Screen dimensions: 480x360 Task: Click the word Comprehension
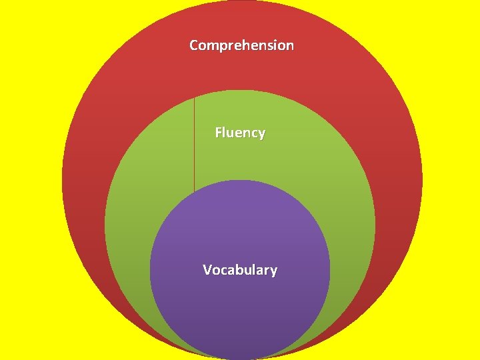(241, 45)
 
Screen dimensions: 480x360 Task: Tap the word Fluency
(240, 133)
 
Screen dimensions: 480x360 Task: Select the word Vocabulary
(240, 270)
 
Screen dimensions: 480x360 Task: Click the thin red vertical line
(194, 143)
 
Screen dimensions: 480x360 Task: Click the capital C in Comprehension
(194, 45)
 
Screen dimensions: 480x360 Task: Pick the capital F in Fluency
(218, 133)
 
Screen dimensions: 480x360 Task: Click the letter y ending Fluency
(261, 134)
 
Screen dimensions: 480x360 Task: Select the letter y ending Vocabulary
(273, 271)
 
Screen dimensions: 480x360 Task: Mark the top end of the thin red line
(194, 97)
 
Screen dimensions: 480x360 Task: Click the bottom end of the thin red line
(194, 191)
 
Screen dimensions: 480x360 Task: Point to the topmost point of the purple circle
(240, 180)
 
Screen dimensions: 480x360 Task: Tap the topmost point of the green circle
(240, 90)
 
